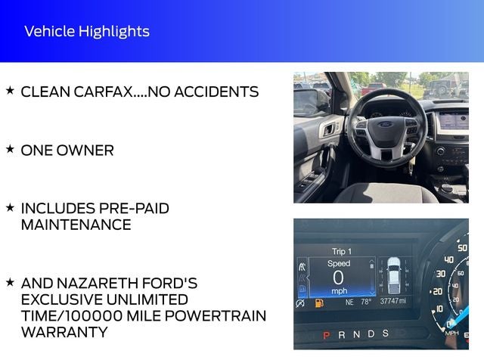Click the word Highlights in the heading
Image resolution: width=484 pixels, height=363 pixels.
click(x=114, y=32)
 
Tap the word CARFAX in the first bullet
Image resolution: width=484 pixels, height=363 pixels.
click(x=103, y=92)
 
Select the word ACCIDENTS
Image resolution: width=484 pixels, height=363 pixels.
click(x=216, y=92)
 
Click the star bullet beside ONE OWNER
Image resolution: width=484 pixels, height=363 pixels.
click(x=10, y=149)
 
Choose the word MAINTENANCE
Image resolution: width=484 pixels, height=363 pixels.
click(x=76, y=225)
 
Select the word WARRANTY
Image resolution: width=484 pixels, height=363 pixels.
click(x=64, y=332)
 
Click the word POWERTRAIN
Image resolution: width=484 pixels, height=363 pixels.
click(x=216, y=316)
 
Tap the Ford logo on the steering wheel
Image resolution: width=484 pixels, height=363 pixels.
click(x=386, y=124)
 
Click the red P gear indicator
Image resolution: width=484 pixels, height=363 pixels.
click(x=326, y=335)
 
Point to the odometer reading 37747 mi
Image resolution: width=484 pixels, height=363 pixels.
click(x=393, y=301)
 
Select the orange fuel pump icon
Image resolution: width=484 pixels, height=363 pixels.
click(x=319, y=303)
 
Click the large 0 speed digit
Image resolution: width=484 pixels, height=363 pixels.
click(x=338, y=278)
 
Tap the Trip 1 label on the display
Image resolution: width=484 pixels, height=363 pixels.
click(x=342, y=252)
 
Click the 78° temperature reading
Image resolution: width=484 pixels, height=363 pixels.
click(x=366, y=302)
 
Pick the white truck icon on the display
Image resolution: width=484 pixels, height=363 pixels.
click(x=394, y=275)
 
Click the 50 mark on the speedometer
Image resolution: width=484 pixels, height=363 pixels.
click(x=462, y=248)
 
